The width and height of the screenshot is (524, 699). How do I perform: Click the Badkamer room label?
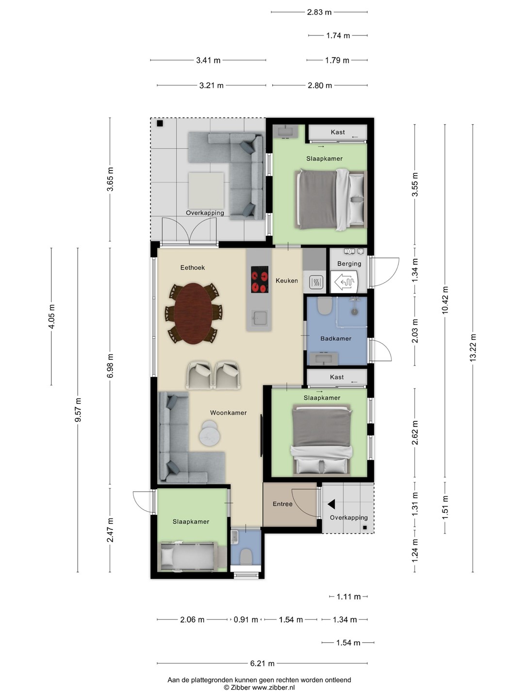[336, 338]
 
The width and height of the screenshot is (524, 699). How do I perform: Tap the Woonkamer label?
[228, 413]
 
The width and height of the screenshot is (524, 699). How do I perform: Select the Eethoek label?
[193, 267]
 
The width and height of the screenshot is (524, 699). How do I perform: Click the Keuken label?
[287, 281]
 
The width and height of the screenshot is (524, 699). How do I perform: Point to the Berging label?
[349, 264]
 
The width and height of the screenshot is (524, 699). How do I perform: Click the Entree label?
[282, 504]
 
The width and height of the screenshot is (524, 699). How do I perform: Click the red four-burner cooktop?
[260, 279]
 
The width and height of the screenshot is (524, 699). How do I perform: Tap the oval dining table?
[193, 314]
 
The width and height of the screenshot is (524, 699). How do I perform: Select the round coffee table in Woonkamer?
[209, 433]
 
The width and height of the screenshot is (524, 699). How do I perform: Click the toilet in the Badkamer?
[325, 306]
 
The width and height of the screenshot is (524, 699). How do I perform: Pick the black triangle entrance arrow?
[331, 504]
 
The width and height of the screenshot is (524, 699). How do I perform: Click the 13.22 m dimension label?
[473, 348]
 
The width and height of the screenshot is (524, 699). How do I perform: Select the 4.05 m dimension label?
[51, 316]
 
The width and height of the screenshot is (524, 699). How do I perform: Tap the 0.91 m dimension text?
[246, 620]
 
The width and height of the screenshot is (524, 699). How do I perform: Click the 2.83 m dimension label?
[319, 12]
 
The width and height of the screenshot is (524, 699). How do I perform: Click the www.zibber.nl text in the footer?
[273, 687]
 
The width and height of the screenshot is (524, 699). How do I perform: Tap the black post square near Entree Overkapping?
[365, 528]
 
